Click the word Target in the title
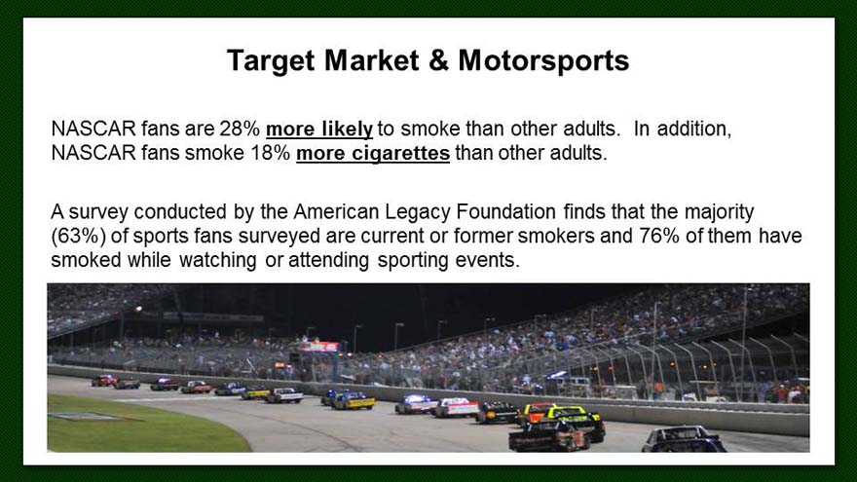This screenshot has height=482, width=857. click(271, 61)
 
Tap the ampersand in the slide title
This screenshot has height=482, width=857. click(439, 60)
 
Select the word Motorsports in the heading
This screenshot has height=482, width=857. click(543, 61)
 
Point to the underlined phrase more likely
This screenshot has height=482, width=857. click(319, 130)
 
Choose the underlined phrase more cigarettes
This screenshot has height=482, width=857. click(373, 154)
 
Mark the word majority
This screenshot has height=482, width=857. click(720, 212)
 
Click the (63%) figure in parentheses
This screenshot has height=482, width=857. click(78, 236)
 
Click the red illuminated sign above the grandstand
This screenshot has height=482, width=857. click(318, 347)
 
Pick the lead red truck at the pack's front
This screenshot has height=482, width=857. click(104, 381)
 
